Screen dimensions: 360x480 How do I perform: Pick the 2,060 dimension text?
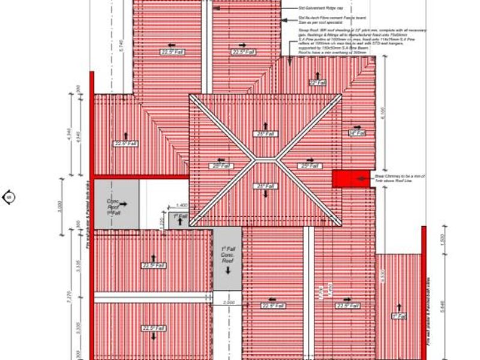point(229,302)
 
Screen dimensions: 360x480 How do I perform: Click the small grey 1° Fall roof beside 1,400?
point(179,220)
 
